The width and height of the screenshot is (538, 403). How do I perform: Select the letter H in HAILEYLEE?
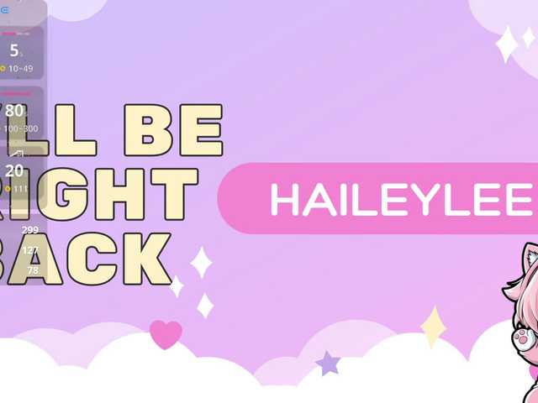[x=283, y=199]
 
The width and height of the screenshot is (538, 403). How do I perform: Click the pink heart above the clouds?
[x=166, y=333]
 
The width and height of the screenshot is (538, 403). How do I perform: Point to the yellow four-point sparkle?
[x=433, y=327]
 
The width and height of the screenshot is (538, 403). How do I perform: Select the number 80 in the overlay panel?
[x=14, y=111]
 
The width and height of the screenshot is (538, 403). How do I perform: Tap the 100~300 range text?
[x=21, y=128]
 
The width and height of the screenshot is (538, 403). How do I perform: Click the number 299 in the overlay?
[x=30, y=230]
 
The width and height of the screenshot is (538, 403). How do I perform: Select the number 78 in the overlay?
[x=33, y=270]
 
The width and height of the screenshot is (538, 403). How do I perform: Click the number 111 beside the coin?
[x=21, y=189]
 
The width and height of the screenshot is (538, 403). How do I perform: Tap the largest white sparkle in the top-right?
[x=507, y=44]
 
